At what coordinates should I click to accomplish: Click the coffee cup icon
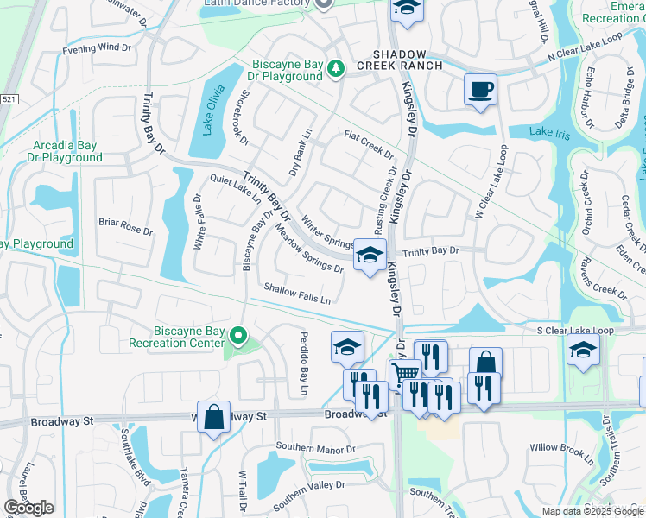[x=480, y=89]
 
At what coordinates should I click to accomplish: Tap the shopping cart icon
[x=404, y=374]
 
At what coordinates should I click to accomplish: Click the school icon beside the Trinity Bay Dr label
[x=370, y=255]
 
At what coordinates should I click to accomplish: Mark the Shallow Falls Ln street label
[x=298, y=294]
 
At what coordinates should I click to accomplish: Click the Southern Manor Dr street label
[x=315, y=449]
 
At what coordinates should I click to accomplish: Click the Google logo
[x=28, y=508]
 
